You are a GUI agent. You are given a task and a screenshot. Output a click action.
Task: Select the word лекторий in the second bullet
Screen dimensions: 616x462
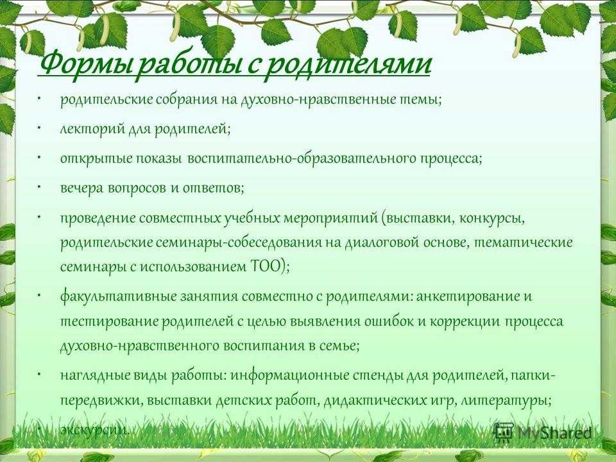(92, 129)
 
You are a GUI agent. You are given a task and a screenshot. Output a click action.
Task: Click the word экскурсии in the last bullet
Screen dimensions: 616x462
(95, 430)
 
